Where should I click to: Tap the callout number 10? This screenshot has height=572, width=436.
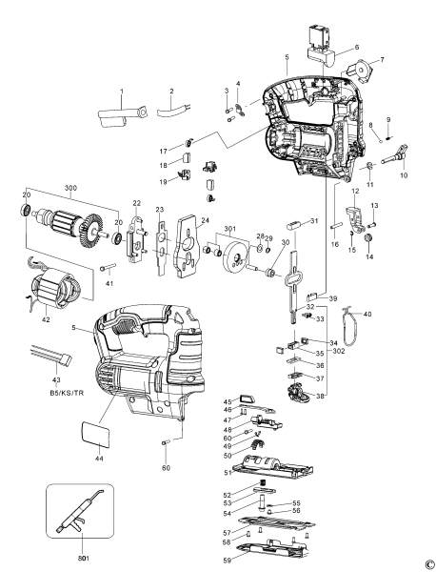point(403,176)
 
